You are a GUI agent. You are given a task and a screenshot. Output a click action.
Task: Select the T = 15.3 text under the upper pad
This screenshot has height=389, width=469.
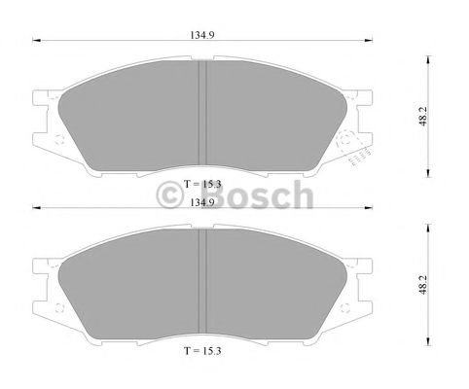click(x=203, y=184)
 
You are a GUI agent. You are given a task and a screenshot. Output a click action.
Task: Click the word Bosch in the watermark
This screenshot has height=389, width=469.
click(x=264, y=197)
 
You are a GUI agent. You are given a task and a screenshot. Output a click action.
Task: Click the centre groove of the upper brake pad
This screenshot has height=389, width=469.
click(x=203, y=112)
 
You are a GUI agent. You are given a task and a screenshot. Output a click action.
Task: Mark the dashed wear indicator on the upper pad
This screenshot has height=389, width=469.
click(x=359, y=152)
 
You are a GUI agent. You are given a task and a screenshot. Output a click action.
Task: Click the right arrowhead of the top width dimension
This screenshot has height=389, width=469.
click(x=371, y=42)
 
